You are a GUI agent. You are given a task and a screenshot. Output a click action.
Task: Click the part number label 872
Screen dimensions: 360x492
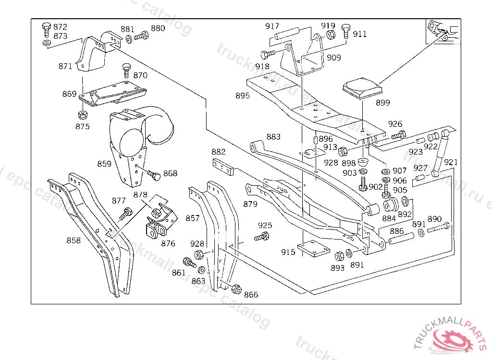click(x=60, y=27)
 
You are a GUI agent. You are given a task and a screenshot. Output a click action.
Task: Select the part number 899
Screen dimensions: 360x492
click(x=383, y=103)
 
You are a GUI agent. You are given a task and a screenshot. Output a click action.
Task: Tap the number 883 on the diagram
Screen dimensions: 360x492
click(x=273, y=137)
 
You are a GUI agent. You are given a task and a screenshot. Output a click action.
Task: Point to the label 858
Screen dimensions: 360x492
click(x=74, y=240)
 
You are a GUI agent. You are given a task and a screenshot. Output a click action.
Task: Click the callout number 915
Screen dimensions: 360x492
click(x=288, y=252)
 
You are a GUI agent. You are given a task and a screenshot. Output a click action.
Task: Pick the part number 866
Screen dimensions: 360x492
click(x=251, y=295)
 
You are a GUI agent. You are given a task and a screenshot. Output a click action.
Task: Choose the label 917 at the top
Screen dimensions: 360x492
click(x=272, y=26)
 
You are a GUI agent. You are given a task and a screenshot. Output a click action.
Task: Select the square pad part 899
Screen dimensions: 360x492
click(x=361, y=89)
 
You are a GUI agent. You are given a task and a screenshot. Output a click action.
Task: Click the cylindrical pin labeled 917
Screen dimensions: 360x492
click(x=287, y=34)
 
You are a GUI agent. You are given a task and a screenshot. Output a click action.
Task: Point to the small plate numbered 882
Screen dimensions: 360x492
click(x=222, y=167)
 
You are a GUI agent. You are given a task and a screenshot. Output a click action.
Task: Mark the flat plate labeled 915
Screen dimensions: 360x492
click(x=313, y=250)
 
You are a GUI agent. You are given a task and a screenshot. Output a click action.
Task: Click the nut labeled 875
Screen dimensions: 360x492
click(x=82, y=115)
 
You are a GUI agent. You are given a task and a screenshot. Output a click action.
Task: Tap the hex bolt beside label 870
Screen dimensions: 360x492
click(x=126, y=70)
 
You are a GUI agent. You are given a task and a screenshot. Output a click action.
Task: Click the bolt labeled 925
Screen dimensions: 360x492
click(x=261, y=236)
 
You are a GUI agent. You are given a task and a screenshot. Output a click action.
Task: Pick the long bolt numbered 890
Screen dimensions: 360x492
click(x=438, y=228)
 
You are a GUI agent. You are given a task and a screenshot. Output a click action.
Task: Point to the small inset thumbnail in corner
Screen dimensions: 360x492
click(x=442, y=31)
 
